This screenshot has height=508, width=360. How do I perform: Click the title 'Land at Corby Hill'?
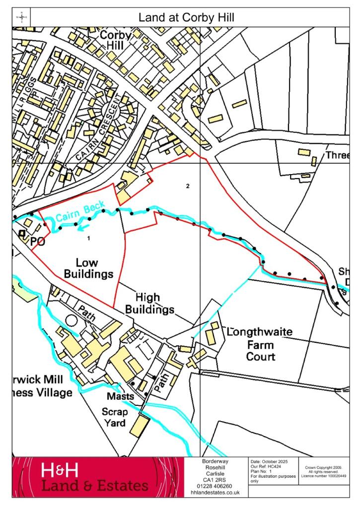click(x=186, y=18)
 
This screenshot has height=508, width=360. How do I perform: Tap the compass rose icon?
click(x=22, y=18)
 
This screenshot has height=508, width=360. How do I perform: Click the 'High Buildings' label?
click(x=149, y=304)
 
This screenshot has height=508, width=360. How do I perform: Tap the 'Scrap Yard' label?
click(x=115, y=418)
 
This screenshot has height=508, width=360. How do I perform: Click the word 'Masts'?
click(x=120, y=397)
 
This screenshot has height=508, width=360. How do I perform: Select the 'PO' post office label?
click(x=38, y=242)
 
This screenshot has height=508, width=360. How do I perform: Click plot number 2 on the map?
click(x=188, y=187)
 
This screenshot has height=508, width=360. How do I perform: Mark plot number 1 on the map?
click(x=88, y=238)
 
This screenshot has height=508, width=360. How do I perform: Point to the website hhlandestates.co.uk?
click(x=215, y=493)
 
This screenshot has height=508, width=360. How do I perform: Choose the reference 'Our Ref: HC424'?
click(x=269, y=467)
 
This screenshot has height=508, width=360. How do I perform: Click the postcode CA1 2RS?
click(x=215, y=480)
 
